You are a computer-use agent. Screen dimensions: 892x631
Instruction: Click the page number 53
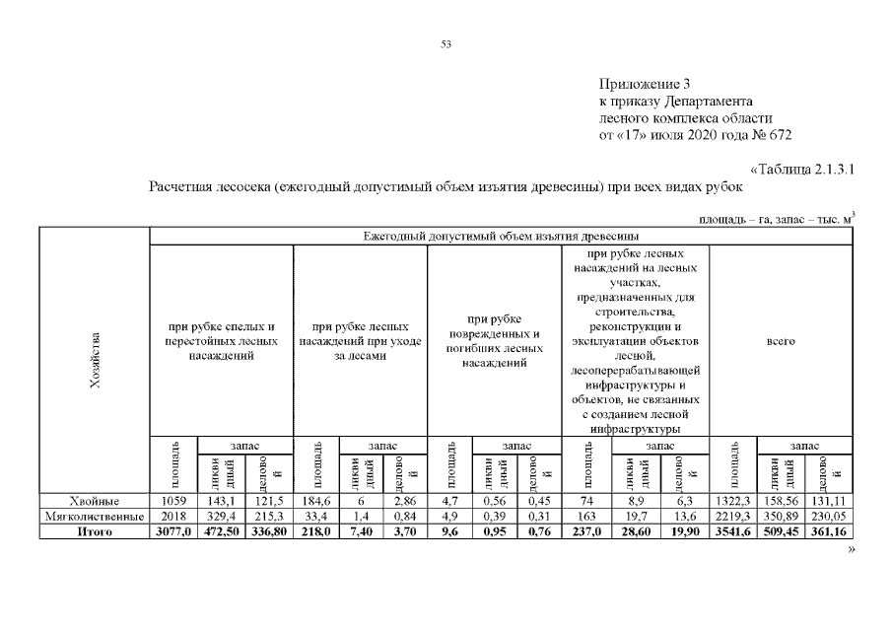[446, 44]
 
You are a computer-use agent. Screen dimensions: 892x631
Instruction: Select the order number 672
[780, 135]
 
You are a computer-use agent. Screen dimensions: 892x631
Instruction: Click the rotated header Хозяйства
[95, 360]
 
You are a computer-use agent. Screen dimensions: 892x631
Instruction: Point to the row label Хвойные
[95, 501]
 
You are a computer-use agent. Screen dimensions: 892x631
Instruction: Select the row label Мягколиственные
[95, 517]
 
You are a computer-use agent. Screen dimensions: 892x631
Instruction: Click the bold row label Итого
[95, 532]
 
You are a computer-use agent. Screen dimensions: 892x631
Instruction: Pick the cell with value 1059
[173, 501]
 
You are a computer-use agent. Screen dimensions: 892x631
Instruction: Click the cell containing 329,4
[222, 517]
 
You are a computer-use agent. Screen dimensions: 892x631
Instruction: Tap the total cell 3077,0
[173, 532]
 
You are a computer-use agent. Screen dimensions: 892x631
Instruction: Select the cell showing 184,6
[316, 501]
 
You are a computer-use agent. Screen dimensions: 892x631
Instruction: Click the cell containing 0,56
[495, 501]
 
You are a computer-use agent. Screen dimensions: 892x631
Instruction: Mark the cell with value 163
[586, 517]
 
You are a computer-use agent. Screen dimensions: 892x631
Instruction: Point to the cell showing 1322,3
[733, 501]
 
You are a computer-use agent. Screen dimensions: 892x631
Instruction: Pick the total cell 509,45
[781, 532]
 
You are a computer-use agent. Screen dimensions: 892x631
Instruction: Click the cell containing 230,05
[829, 517]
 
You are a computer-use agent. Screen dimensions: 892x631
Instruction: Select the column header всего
[781, 341]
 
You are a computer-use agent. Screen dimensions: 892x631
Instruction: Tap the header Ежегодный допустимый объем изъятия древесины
[501, 236]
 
